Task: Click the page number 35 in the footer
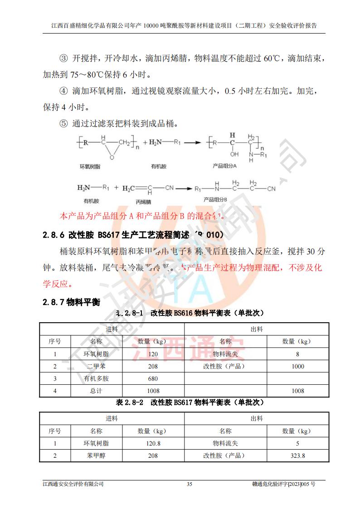coord(190,484)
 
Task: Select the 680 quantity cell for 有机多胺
coord(153,378)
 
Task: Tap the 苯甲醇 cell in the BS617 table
coord(96,456)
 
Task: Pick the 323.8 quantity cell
coord(298,456)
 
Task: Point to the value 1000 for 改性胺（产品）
coord(298,366)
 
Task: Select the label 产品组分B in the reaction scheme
coord(215,199)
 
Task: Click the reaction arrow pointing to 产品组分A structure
coord(192,142)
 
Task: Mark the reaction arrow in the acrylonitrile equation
coord(183,188)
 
